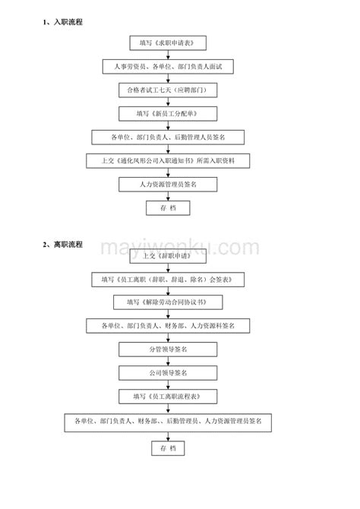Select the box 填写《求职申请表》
coord(168,43)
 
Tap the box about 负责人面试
coord(168,67)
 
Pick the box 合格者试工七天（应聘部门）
coord(168,90)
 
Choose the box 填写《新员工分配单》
coord(168,114)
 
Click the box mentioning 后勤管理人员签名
coord(168,138)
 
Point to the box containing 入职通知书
coord(168,161)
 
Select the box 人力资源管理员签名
coord(168,185)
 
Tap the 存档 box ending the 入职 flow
coord(168,207)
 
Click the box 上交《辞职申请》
coord(168,256)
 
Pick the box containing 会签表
coord(168,280)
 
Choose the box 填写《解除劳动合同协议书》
coord(168,302)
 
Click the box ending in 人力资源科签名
coord(168,326)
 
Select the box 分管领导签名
coord(168,349)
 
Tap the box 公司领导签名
coord(168,373)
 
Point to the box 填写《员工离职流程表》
coord(168,397)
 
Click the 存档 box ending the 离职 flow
coord(168,448)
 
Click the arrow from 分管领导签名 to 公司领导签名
coord(168,362)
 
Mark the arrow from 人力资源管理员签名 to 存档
coord(168,196)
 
